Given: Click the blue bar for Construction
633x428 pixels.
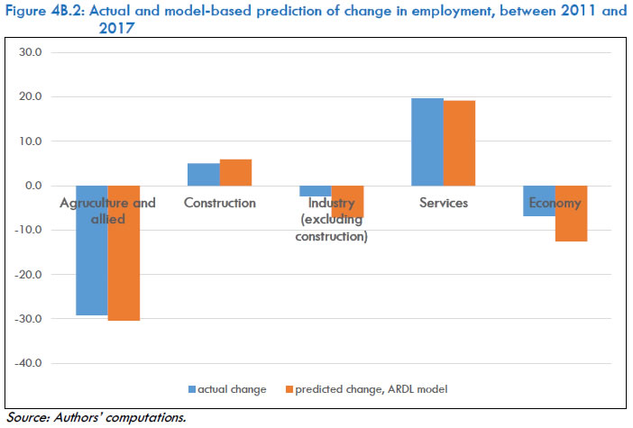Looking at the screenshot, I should point(203,174).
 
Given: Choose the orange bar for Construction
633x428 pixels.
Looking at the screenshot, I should point(235,172).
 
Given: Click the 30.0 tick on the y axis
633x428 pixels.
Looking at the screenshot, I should point(32,52).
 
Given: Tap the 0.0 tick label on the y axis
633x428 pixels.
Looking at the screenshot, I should point(34,186).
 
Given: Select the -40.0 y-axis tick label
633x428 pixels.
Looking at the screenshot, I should point(29,363).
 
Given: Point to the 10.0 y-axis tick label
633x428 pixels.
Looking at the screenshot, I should point(32,141).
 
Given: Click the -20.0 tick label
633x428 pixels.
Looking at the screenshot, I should point(29,275).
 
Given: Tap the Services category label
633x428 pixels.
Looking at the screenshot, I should point(444,203).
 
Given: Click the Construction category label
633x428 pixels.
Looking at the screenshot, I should point(219,203).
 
